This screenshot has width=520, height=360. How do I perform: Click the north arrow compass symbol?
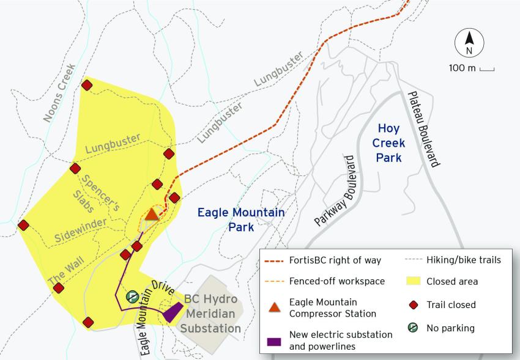click(469, 44)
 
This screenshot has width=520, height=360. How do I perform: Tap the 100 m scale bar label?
click(462, 68)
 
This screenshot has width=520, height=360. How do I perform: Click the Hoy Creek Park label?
click(389, 142)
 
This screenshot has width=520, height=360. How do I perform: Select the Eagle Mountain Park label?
click(241, 219)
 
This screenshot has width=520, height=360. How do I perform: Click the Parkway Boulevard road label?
click(336, 189)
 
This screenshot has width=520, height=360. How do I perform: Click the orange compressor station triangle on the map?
click(152, 215)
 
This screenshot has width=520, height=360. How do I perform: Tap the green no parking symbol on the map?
click(131, 296)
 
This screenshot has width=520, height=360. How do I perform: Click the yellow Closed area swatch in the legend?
click(413, 282)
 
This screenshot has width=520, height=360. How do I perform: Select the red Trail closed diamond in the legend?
click(413, 304)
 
